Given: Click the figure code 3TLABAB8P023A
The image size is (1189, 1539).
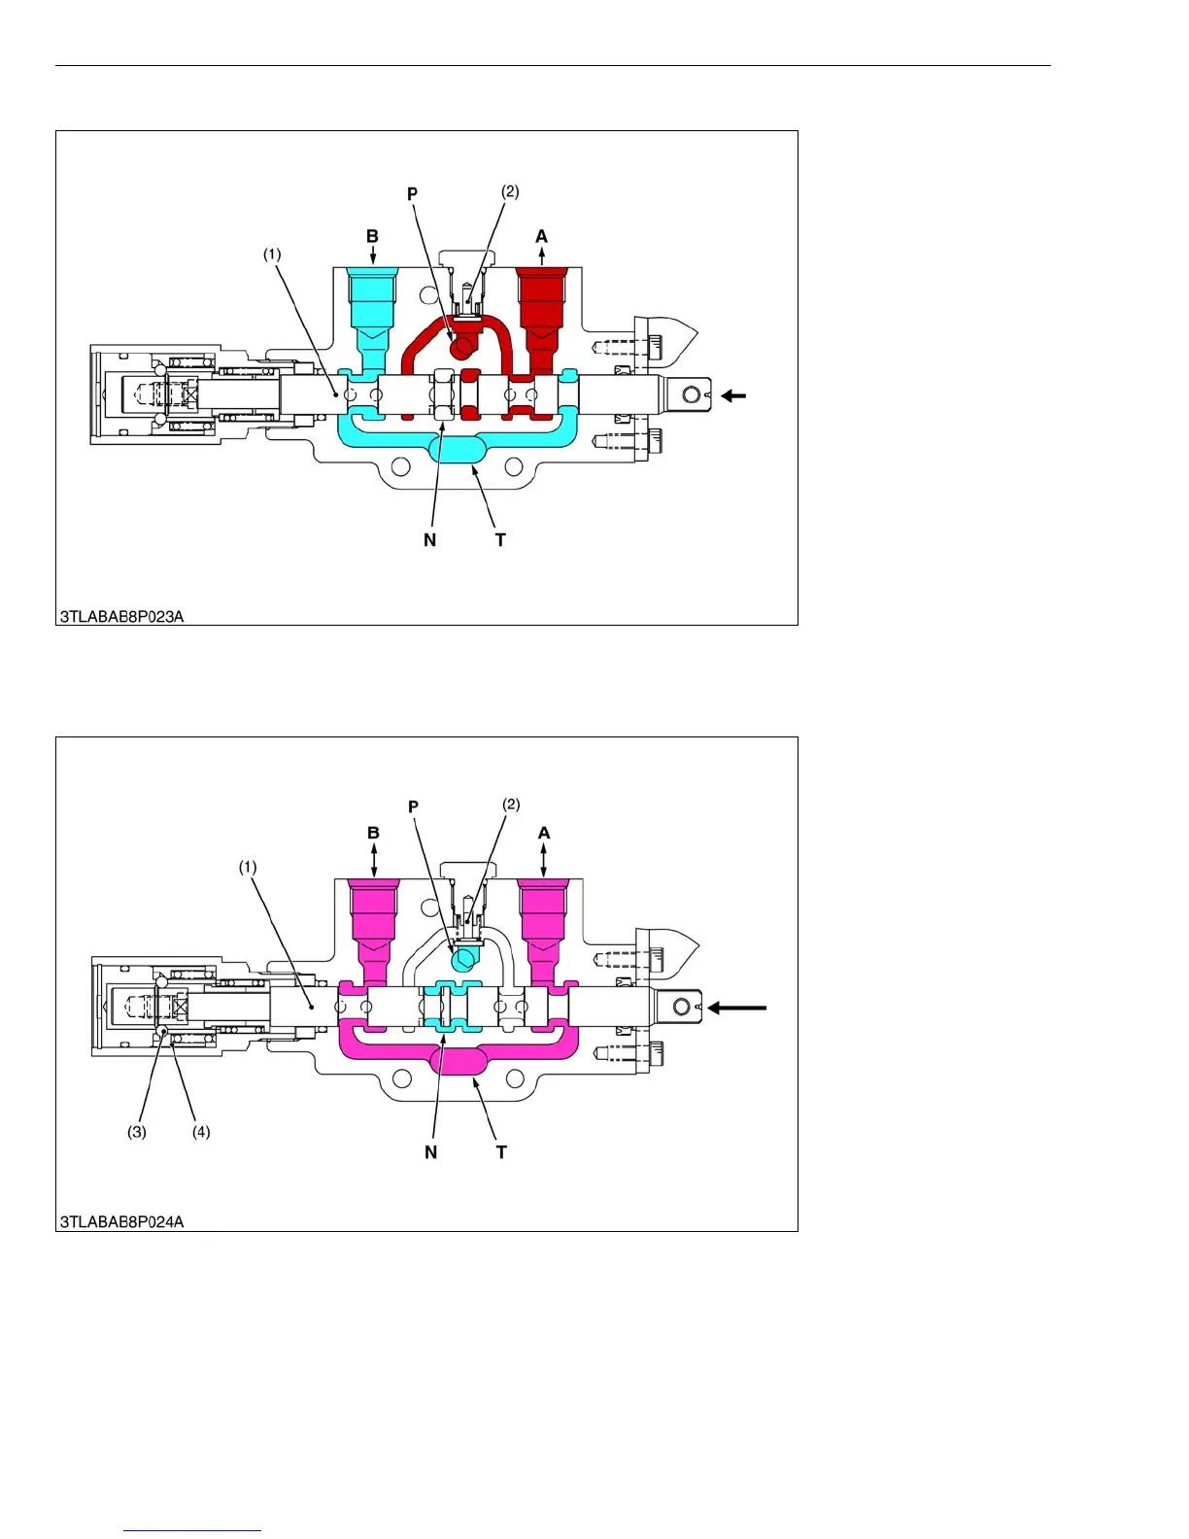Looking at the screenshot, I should pyautogui.click(x=121, y=616).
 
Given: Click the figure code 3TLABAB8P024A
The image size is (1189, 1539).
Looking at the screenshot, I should pyautogui.click(x=121, y=1221).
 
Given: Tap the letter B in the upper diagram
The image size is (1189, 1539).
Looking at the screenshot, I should pyautogui.click(x=372, y=236).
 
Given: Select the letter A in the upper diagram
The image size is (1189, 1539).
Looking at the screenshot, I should pyautogui.click(x=541, y=236).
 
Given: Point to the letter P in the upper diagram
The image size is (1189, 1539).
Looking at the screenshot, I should pyautogui.click(x=412, y=194).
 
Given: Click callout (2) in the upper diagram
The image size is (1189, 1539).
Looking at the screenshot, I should pyautogui.click(x=510, y=191).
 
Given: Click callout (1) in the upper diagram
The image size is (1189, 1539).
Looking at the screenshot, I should pyautogui.click(x=272, y=255).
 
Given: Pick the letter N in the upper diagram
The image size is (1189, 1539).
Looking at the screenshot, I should pyautogui.click(x=429, y=540).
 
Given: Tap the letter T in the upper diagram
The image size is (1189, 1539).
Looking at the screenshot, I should pyautogui.click(x=500, y=540).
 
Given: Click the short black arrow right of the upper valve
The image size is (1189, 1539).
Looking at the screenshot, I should pyautogui.click(x=733, y=395).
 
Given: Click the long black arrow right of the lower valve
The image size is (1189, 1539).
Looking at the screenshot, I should pyautogui.click(x=737, y=1008).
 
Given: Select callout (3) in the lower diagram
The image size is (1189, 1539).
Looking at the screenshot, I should pyautogui.click(x=137, y=1132).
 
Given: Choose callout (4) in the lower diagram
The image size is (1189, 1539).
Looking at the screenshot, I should pyautogui.click(x=201, y=1132).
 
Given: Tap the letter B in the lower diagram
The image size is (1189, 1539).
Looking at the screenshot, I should pyautogui.click(x=374, y=833).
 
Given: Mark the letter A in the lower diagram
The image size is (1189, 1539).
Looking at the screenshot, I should pyautogui.click(x=544, y=833).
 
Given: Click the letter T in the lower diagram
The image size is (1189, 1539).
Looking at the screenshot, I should pyautogui.click(x=501, y=1152).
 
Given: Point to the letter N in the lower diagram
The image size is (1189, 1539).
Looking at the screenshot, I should pyautogui.click(x=430, y=1152).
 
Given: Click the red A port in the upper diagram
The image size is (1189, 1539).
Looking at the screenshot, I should pyautogui.click(x=541, y=301).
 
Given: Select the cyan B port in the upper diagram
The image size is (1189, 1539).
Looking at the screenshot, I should pyautogui.click(x=372, y=301).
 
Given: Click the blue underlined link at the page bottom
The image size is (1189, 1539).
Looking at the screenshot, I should pyautogui.click(x=192, y=1530).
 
